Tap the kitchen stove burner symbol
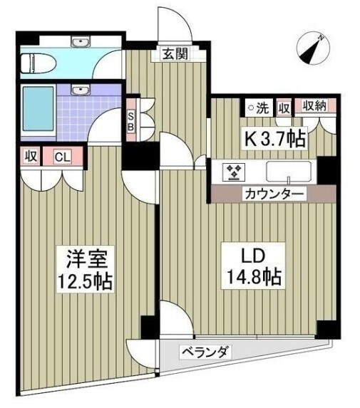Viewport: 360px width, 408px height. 233,171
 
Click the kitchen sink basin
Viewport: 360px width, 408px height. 289,171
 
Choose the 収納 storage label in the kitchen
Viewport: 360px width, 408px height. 315,108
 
